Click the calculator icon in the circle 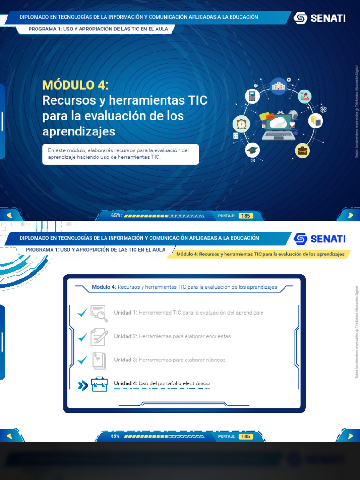[252, 97]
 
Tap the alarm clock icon [241, 124]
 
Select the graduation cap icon [252, 150]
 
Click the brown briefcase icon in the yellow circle [302, 150]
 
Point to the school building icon [278, 85]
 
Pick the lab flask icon [305, 97]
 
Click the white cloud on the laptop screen [278, 122]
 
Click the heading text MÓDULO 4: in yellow [75, 85]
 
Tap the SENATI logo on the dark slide [320, 18]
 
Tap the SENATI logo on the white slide [320, 239]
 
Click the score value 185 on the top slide [245, 216]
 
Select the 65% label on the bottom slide [116, 436]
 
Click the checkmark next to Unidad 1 [82, 313]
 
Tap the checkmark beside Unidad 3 [82, 360]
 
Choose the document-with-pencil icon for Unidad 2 [99, 337]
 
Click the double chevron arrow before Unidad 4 [82, 385]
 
